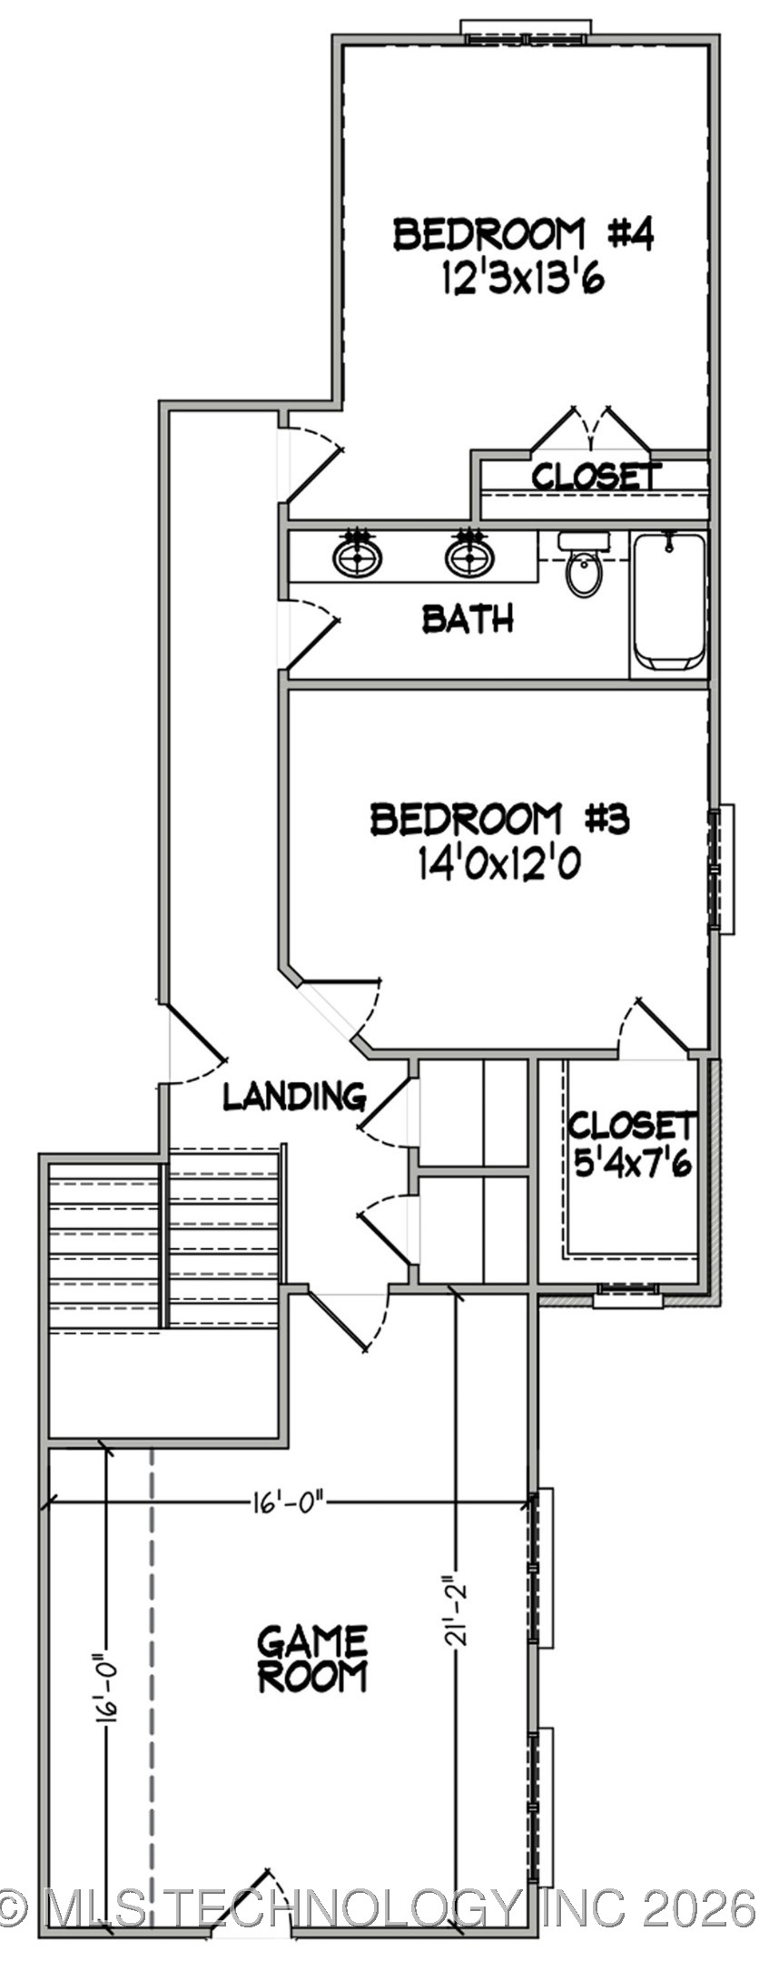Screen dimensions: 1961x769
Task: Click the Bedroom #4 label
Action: [x=523, y=234]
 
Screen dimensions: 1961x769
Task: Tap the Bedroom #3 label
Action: [x=498, y=819]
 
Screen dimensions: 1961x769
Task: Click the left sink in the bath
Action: [x=357, y=557]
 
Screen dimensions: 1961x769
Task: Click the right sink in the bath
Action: [x=469, y=557]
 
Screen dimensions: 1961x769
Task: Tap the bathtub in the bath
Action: [x=668, y=601]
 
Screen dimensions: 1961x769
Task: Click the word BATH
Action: [x=468, y=619]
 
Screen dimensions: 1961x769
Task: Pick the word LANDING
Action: [x=294, y=1097]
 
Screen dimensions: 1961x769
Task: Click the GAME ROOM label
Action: [x=312, y=1660]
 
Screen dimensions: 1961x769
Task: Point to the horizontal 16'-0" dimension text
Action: [x=286, y=1503]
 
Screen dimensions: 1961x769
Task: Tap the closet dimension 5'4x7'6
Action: [x=634, y=1163]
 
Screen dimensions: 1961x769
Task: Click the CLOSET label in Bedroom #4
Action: [x=596, y=476]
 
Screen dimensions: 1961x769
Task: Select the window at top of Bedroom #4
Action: [x=527, y=30]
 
